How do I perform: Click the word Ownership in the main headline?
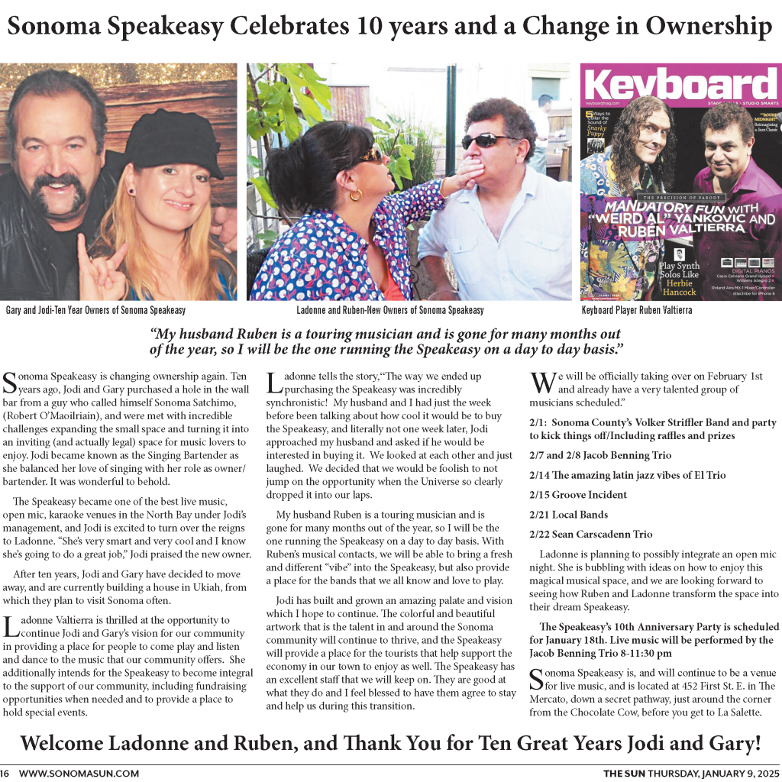709,27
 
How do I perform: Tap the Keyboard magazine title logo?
680,86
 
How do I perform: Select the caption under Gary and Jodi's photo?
95,310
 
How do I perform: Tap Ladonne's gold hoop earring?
356,195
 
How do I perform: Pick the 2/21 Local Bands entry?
569,515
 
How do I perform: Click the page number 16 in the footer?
5,773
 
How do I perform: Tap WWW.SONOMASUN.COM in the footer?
79,773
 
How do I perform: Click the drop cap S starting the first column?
10,383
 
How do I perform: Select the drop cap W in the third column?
541,383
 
